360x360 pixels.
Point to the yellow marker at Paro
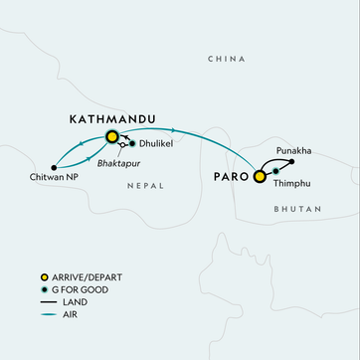tap(260, 177)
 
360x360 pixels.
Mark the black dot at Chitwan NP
tap(54, 166)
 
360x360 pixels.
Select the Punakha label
tap(289, 149)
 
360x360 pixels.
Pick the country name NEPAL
tap(146, 185)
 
